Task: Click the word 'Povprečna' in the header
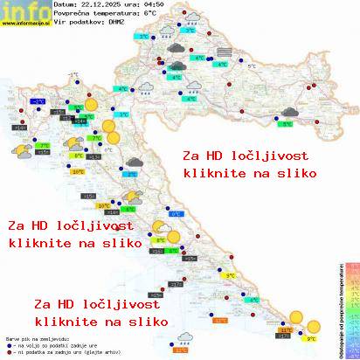pyautogui.click(x=57, y=13)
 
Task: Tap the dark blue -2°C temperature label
pyautogui.click(x=38, y=102)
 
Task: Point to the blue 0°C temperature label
pyautogui.click(x=176, y=214)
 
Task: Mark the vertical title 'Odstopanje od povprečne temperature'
pyautogui.click(x=336, y=306)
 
